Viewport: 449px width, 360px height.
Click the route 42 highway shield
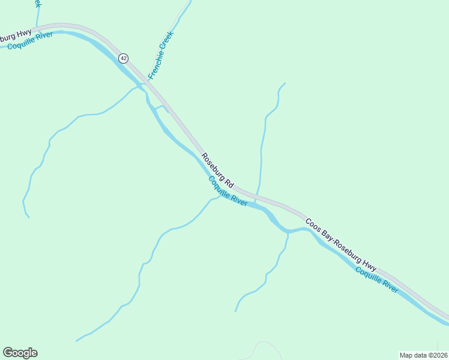123,58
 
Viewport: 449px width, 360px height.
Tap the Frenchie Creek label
160,60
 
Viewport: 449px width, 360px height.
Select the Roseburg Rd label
217,172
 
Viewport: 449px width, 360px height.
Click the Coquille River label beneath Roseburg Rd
228,191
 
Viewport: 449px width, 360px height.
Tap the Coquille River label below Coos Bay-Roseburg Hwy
376,280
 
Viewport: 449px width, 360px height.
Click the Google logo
20,353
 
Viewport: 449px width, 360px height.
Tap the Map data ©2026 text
423,355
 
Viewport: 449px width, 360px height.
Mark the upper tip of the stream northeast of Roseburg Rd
285,83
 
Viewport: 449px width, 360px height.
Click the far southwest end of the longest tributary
76,341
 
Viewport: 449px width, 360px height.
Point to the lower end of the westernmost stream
28,217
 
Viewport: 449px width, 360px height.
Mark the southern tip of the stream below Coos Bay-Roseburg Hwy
235,311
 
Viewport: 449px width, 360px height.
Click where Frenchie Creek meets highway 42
146,82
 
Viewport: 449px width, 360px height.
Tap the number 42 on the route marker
123,58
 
